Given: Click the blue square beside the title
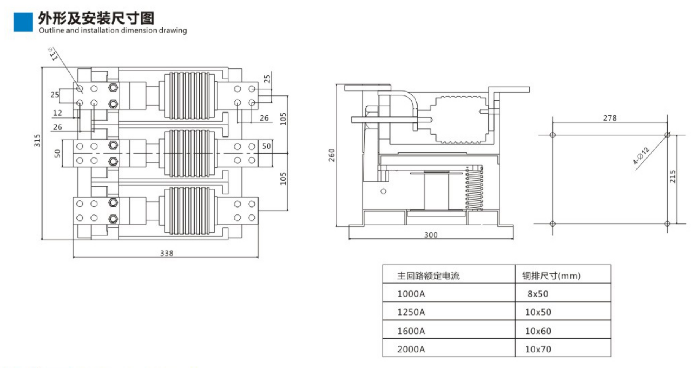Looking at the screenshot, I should pos(23,22).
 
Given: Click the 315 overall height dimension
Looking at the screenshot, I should pos(37,140).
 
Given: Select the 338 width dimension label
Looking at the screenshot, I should pos(166,253).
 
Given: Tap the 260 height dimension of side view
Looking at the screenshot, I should pos(331,155).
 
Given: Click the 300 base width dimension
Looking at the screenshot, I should pos(431,235).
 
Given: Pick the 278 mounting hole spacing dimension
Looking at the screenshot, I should pos(610,118).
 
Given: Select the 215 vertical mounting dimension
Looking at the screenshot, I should pos(672,176).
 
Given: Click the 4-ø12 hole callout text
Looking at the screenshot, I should pos(641,155).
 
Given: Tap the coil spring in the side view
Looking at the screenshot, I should pos(474,189).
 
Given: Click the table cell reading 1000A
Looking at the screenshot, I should pos(411,294).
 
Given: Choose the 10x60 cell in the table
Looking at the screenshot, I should pos(538,331).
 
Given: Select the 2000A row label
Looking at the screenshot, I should pos(411,349).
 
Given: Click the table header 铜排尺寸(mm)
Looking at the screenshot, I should pos(551,276).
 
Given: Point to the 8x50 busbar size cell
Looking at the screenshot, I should pos(538,294).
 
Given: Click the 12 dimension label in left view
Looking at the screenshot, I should pos(57,113).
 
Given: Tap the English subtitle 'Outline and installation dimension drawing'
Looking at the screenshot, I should pos(112,30).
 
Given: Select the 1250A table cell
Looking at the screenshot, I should pos(411,312).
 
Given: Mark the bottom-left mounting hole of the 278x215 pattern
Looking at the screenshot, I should pos(553,224).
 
